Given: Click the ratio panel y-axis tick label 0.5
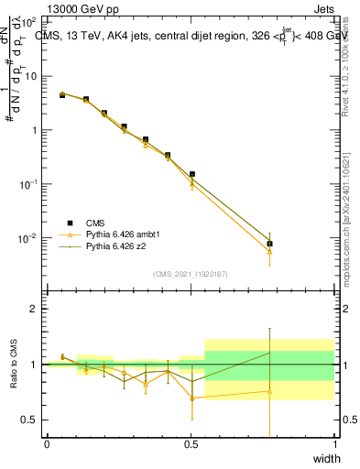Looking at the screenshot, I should point(29,420).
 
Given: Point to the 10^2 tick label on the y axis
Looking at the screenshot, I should point(29,21).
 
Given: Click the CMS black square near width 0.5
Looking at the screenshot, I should point(191,174).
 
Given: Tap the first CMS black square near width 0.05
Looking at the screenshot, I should point(62,94).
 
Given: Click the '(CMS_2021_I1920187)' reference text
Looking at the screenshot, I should point(191,274).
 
